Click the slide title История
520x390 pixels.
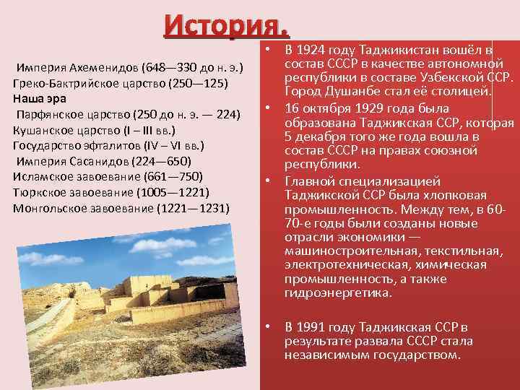point(225,27)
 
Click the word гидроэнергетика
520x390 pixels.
point(339,292)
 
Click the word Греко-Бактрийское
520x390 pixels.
point(59,84)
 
